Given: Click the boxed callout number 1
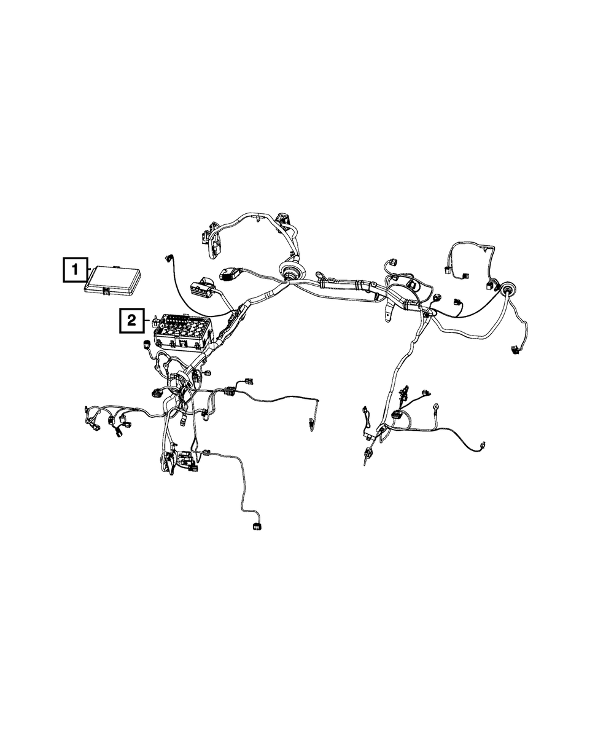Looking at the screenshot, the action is pyautogui.click(x=75, y=269).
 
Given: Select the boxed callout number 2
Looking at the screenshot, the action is pyautogui.click(x=130, y=320).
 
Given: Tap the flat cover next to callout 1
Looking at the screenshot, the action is pyautogui.click(x=113, y=280).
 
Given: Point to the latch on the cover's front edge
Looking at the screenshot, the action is pyautogui.click(x=107, y=291).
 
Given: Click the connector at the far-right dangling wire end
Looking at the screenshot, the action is pyautogui.click(x=513, y=351).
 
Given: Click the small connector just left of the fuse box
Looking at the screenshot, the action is pyautogui.click(x=147, y=345).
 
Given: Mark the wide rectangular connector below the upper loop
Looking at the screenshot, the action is pyautogui.click(x=228, y=273).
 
